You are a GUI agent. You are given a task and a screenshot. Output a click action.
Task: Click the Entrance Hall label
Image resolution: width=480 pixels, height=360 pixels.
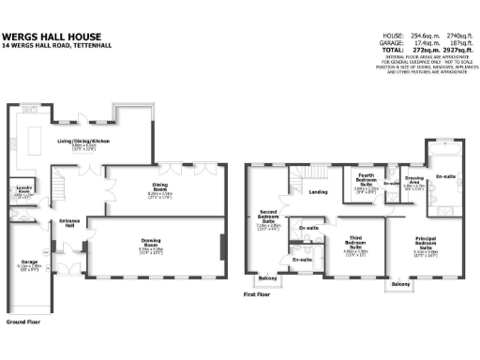click(70, 223)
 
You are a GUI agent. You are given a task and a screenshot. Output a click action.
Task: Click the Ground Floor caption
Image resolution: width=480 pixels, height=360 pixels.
click(25, 322)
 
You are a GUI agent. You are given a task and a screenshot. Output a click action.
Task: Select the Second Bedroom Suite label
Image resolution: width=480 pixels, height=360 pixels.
click(268, 217)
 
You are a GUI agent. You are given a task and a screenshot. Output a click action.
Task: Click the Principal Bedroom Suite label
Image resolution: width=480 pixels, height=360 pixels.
click(427, 241)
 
